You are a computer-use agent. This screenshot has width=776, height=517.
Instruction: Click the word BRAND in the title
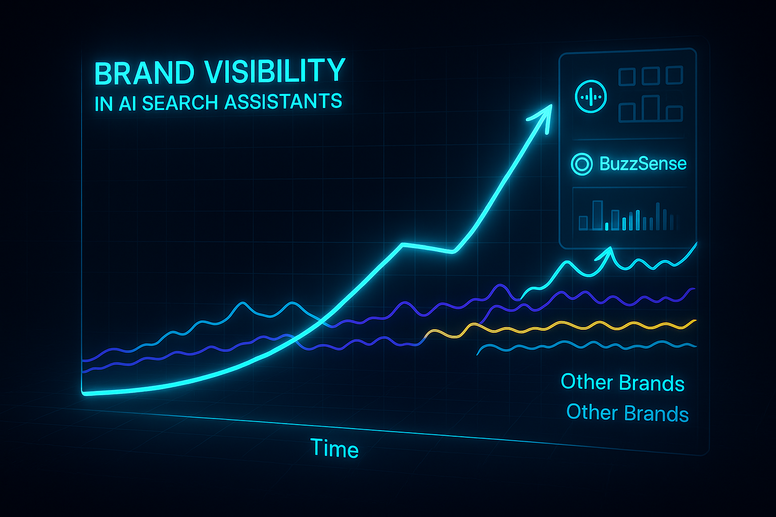(x=144, y=73)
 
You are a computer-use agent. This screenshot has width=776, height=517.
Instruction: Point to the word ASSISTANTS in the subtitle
(x=283, y=101)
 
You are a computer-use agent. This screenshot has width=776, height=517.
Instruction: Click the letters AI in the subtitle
(x=127, y=104)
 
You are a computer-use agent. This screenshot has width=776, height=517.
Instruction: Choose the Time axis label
(x=334, y=448)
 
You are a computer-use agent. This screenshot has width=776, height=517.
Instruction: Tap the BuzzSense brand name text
(x=643, y=164)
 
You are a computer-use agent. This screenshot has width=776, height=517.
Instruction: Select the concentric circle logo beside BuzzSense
(x=581, y=164)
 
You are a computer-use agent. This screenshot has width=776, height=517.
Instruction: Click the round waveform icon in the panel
(x=591, y=96)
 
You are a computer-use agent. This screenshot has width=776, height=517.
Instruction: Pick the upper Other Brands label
(x=622, y=383)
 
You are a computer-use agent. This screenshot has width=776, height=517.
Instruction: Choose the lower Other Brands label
(x=627, y=413)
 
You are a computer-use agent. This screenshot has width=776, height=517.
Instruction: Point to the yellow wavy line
(x=561, y=327)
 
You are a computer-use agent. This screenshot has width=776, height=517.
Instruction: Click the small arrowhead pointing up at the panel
(x=606, y=254)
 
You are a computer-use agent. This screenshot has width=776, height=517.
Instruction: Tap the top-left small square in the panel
(x=626, y=77)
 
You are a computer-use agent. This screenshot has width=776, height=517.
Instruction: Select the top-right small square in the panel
(x=674, y=75)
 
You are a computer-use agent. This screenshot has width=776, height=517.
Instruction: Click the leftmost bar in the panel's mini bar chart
(x=584, y=223)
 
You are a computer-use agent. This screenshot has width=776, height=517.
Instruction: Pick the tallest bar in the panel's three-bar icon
(x=650, y=109)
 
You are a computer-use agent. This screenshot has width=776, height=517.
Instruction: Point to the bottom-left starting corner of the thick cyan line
(x=83, y=393)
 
